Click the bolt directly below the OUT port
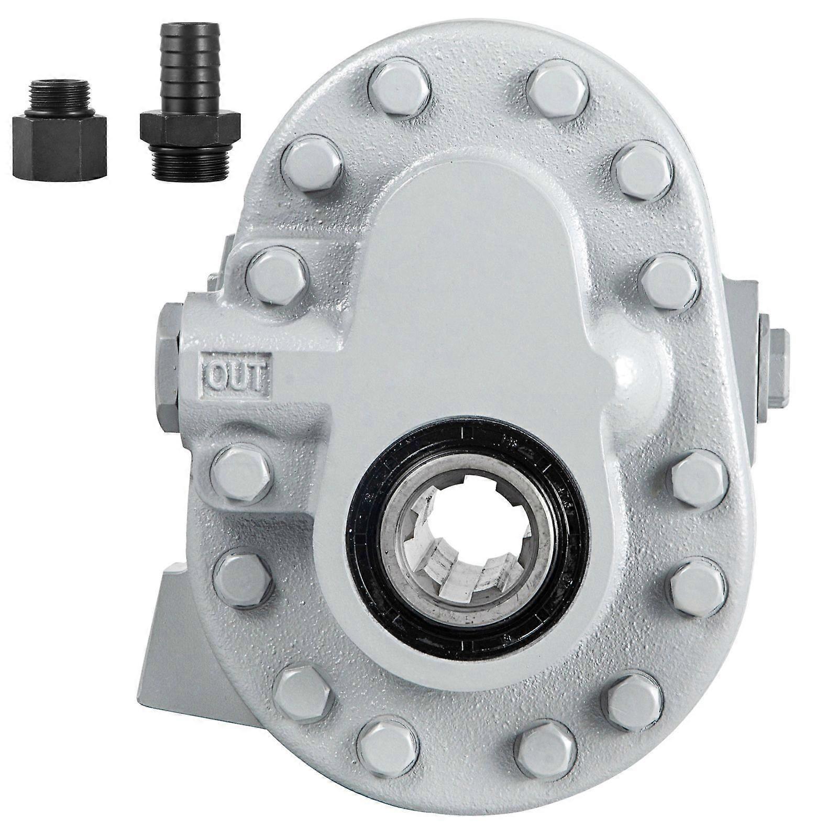241,472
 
